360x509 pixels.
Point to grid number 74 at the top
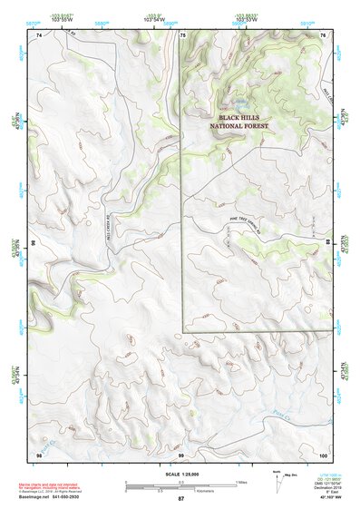click(38, 34)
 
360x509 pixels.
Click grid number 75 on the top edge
click(182, 34)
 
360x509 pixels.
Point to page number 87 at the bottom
click(180, 499)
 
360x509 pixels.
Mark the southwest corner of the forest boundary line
click(183, 330)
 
